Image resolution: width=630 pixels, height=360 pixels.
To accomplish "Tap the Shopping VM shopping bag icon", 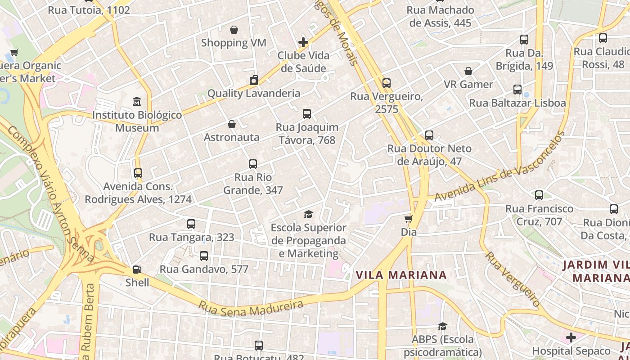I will [x=234, y=30].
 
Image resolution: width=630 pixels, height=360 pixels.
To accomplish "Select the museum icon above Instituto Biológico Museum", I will [x=137, y=102].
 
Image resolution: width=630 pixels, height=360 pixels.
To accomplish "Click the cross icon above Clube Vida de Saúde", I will [x=303, y=42].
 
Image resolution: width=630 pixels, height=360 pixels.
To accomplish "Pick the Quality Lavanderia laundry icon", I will [x=254, y=81].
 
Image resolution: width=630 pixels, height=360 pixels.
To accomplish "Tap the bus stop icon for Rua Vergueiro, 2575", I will [x=386, y=83].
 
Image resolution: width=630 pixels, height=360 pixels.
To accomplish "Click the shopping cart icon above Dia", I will [x=408, y=219].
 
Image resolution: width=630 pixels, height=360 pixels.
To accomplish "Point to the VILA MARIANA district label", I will [x=401, y=275].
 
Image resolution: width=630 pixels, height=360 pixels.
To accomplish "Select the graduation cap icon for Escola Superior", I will [x=308, y=215].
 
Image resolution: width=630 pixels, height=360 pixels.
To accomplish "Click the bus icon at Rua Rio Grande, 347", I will [x=253, y=164].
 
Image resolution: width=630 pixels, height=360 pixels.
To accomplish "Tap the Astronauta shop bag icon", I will [x=232, y=124].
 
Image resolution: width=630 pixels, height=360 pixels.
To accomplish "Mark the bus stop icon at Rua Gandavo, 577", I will [x=204, y=256].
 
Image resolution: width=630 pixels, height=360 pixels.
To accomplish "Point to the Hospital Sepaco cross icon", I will [x=571, y=337].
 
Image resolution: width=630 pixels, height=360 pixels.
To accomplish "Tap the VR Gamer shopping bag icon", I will [x=468, y=71].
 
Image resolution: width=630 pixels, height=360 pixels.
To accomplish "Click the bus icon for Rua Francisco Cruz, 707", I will [x=539, y=195].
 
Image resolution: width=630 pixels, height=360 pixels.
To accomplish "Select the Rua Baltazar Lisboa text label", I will [x=517, y=103].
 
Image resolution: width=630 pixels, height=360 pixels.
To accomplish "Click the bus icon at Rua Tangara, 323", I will [x=191, y=224].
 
